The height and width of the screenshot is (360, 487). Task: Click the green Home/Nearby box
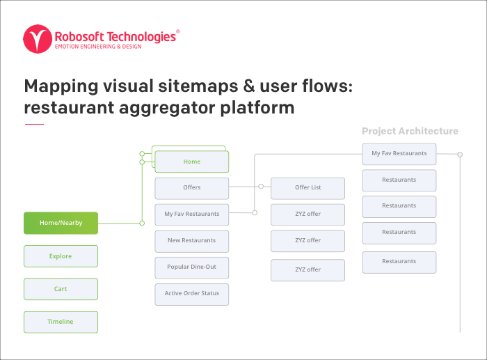(61, 223)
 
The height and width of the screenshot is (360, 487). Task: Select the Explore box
(61, 256)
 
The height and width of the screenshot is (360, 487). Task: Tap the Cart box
(61, 289)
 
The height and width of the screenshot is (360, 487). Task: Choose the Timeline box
(61, 322)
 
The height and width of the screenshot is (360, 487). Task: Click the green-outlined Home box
(192, 162)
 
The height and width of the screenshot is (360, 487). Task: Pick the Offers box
(192, 188)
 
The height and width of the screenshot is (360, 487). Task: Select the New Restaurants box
(192, 241)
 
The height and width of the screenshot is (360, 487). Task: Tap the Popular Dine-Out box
(192, 267)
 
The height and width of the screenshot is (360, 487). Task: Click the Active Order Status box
(192, 294)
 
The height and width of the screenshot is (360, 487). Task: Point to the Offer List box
(308, 188)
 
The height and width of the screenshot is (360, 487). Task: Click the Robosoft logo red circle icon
(38, 39)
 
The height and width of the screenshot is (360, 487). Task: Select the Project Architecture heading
(410, 131)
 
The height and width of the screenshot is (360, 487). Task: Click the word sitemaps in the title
(198, 86)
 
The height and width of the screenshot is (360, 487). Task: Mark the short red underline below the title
(34, 124)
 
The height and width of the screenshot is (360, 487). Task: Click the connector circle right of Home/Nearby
(142, 223)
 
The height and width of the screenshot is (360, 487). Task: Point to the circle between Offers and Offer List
(261, 187)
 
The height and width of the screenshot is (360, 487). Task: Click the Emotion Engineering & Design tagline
(98, 47)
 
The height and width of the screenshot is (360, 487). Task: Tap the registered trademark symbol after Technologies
(178, 31)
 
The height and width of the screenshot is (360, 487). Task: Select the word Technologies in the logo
(141, 38)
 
